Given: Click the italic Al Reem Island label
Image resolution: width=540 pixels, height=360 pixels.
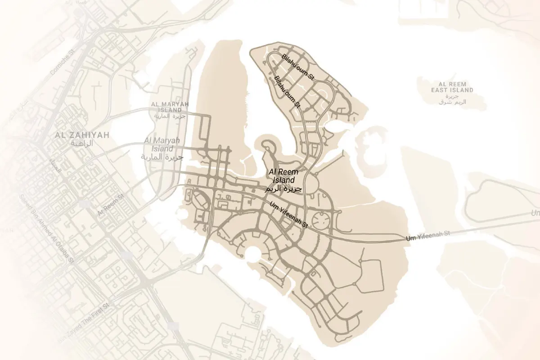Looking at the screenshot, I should pyautogui.click(x=283, y=176).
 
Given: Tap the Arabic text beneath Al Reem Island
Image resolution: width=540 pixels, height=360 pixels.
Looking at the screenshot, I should pyautogui.click(x=282, y=189).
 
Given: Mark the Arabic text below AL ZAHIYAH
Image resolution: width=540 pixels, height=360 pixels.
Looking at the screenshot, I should pyautogui.click(x=82, y=143).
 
